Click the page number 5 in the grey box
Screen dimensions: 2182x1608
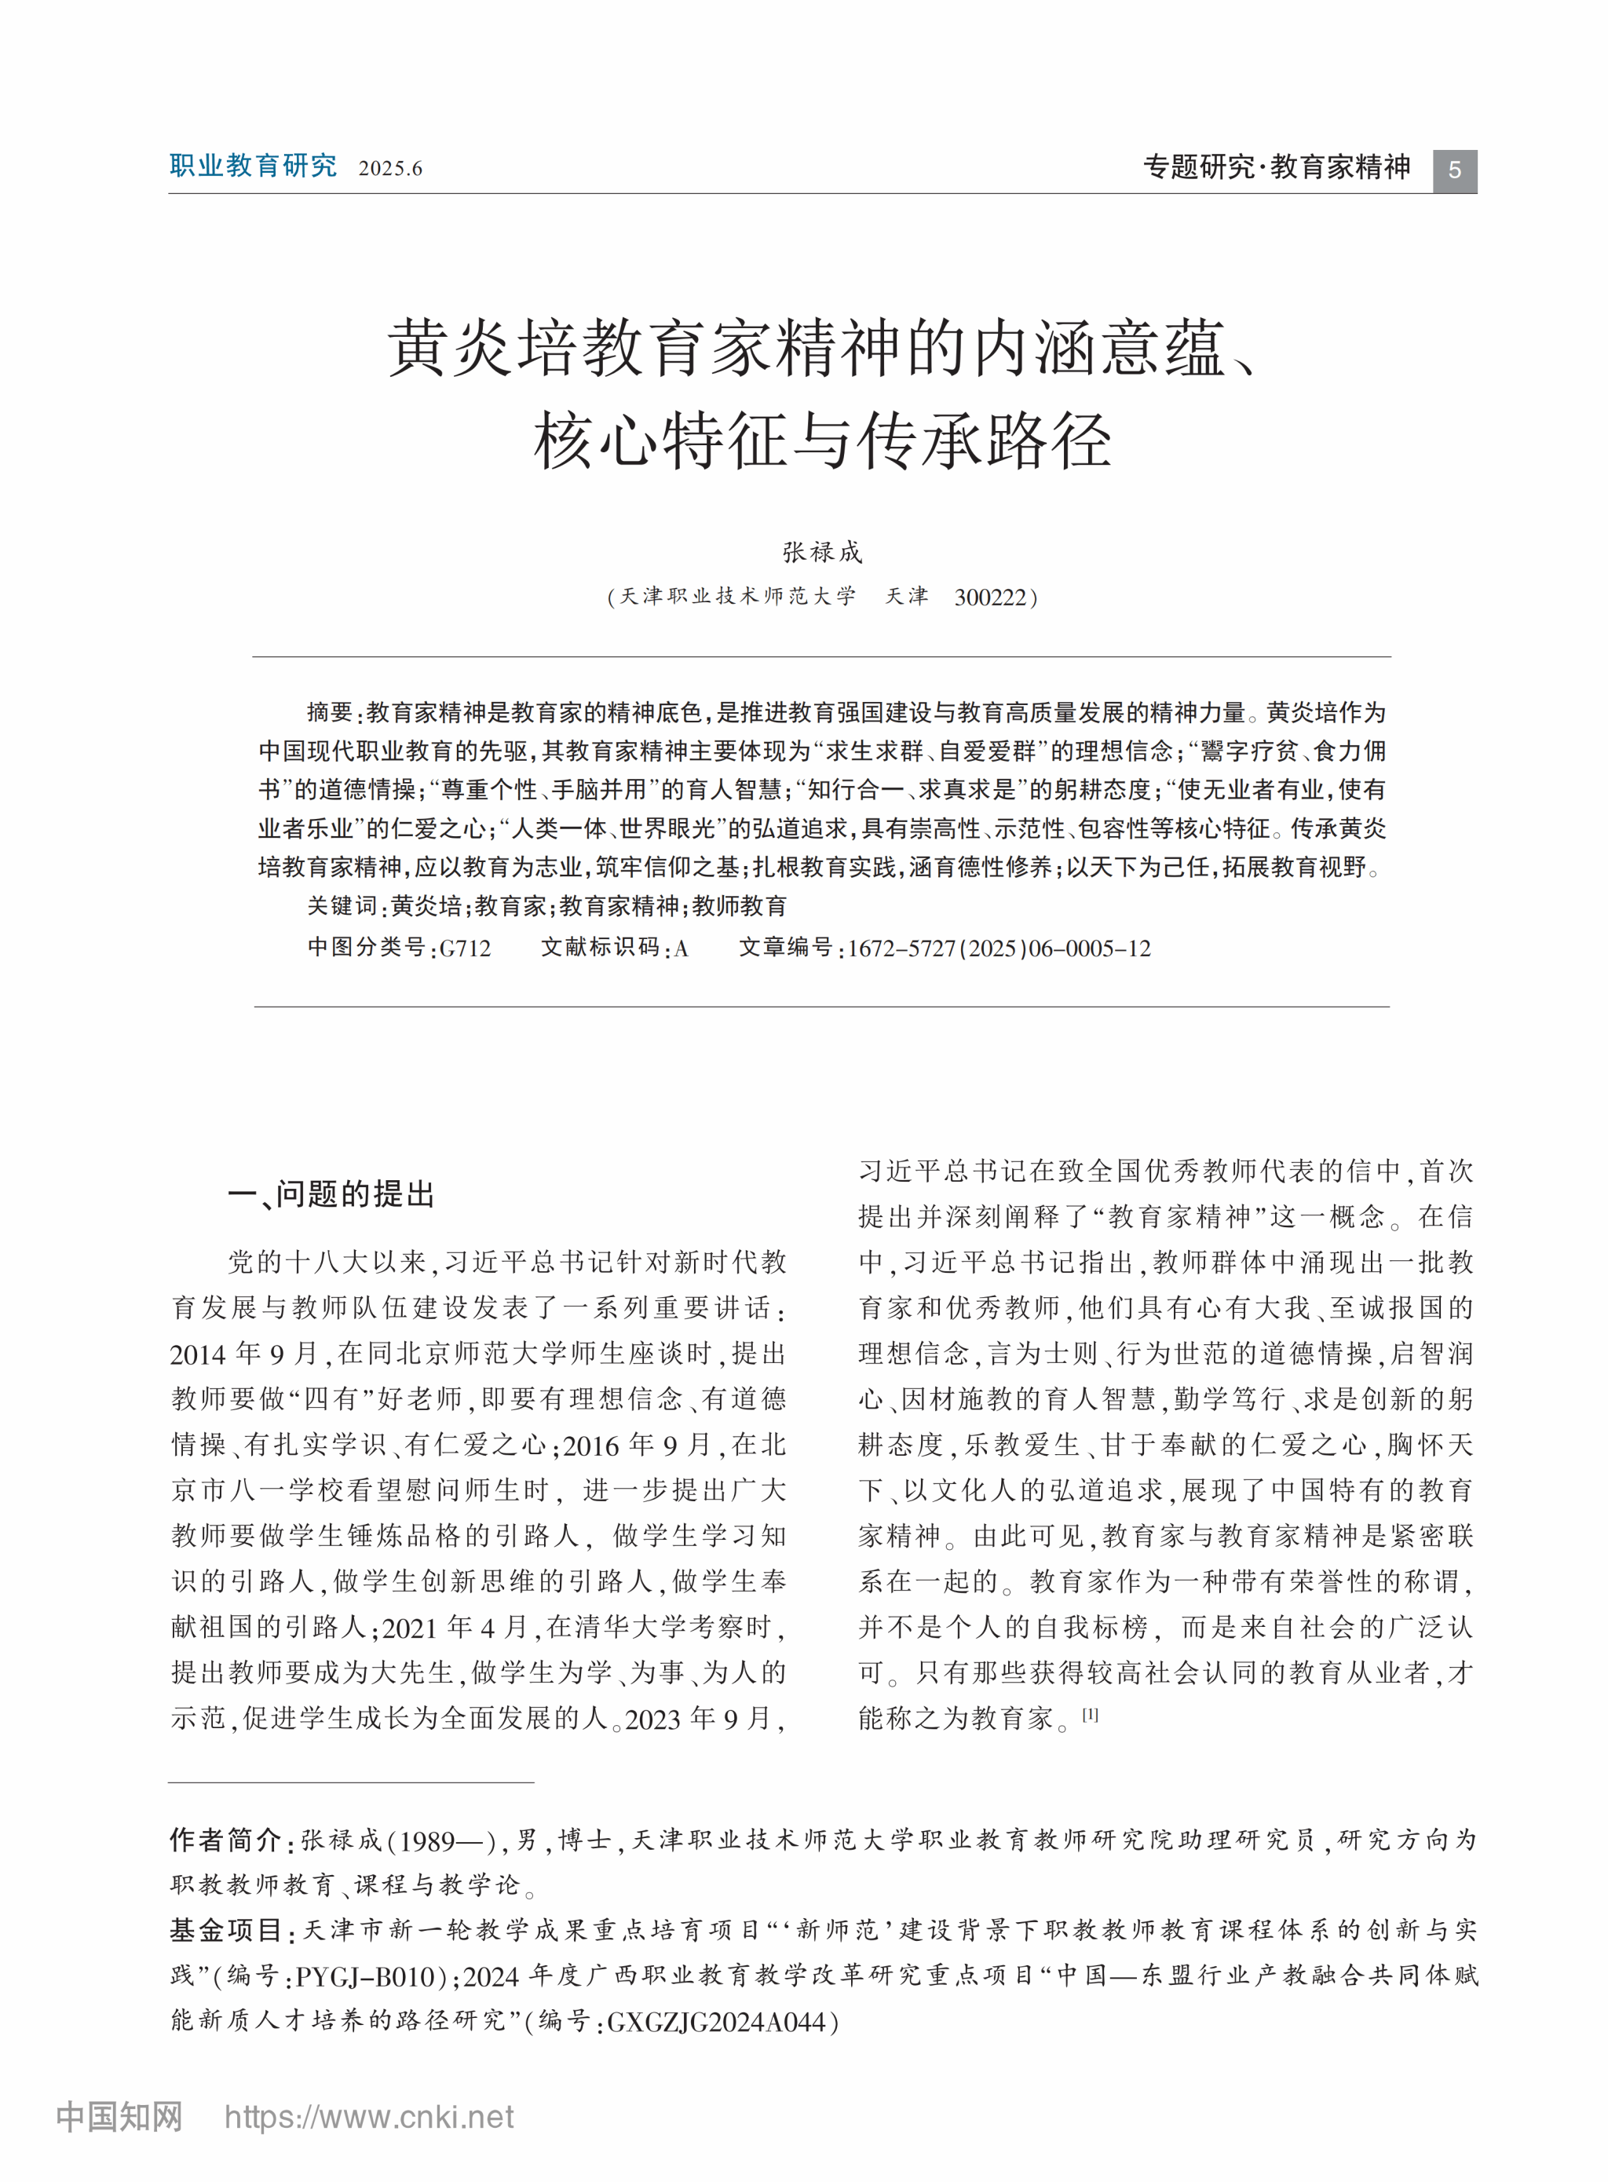point(1454,170)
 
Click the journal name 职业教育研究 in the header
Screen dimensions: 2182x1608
point(253,166)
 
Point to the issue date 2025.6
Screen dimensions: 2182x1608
point(390,168)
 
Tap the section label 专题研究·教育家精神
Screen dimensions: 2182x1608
point(1276,167)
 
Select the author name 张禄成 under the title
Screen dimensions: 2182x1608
point(823,552)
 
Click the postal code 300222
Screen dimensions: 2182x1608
point(991,598)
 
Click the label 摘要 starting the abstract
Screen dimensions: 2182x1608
point(329,712)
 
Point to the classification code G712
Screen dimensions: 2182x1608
point(466,948)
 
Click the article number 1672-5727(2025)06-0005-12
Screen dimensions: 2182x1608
point(999,948)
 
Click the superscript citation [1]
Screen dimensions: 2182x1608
point(1090,1714)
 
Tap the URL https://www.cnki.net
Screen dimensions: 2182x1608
point(369,2118)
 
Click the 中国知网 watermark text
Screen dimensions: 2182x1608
point(119,2118)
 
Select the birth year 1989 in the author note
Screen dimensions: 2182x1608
point(427,1840)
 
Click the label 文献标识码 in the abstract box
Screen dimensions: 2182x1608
point(600,948)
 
